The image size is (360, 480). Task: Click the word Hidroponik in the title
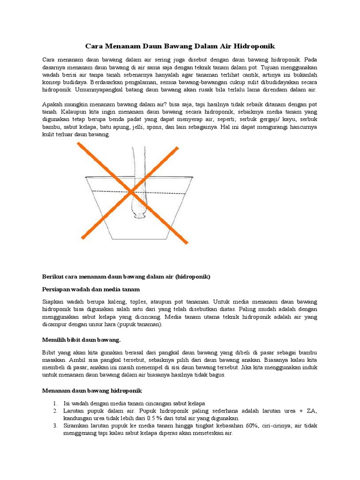tap(254, 46)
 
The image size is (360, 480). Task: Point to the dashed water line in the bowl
tap(108, 191)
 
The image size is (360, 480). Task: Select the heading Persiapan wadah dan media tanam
tap(91, 289)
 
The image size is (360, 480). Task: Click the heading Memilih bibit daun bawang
tap(82, 339)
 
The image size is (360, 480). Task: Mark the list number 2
tap(55, 411)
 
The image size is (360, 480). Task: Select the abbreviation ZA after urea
tap(311, 411)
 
